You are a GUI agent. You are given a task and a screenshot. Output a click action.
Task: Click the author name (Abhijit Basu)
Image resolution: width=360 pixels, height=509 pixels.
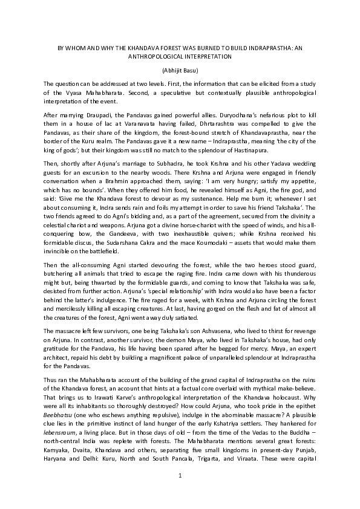coord(180,70)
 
